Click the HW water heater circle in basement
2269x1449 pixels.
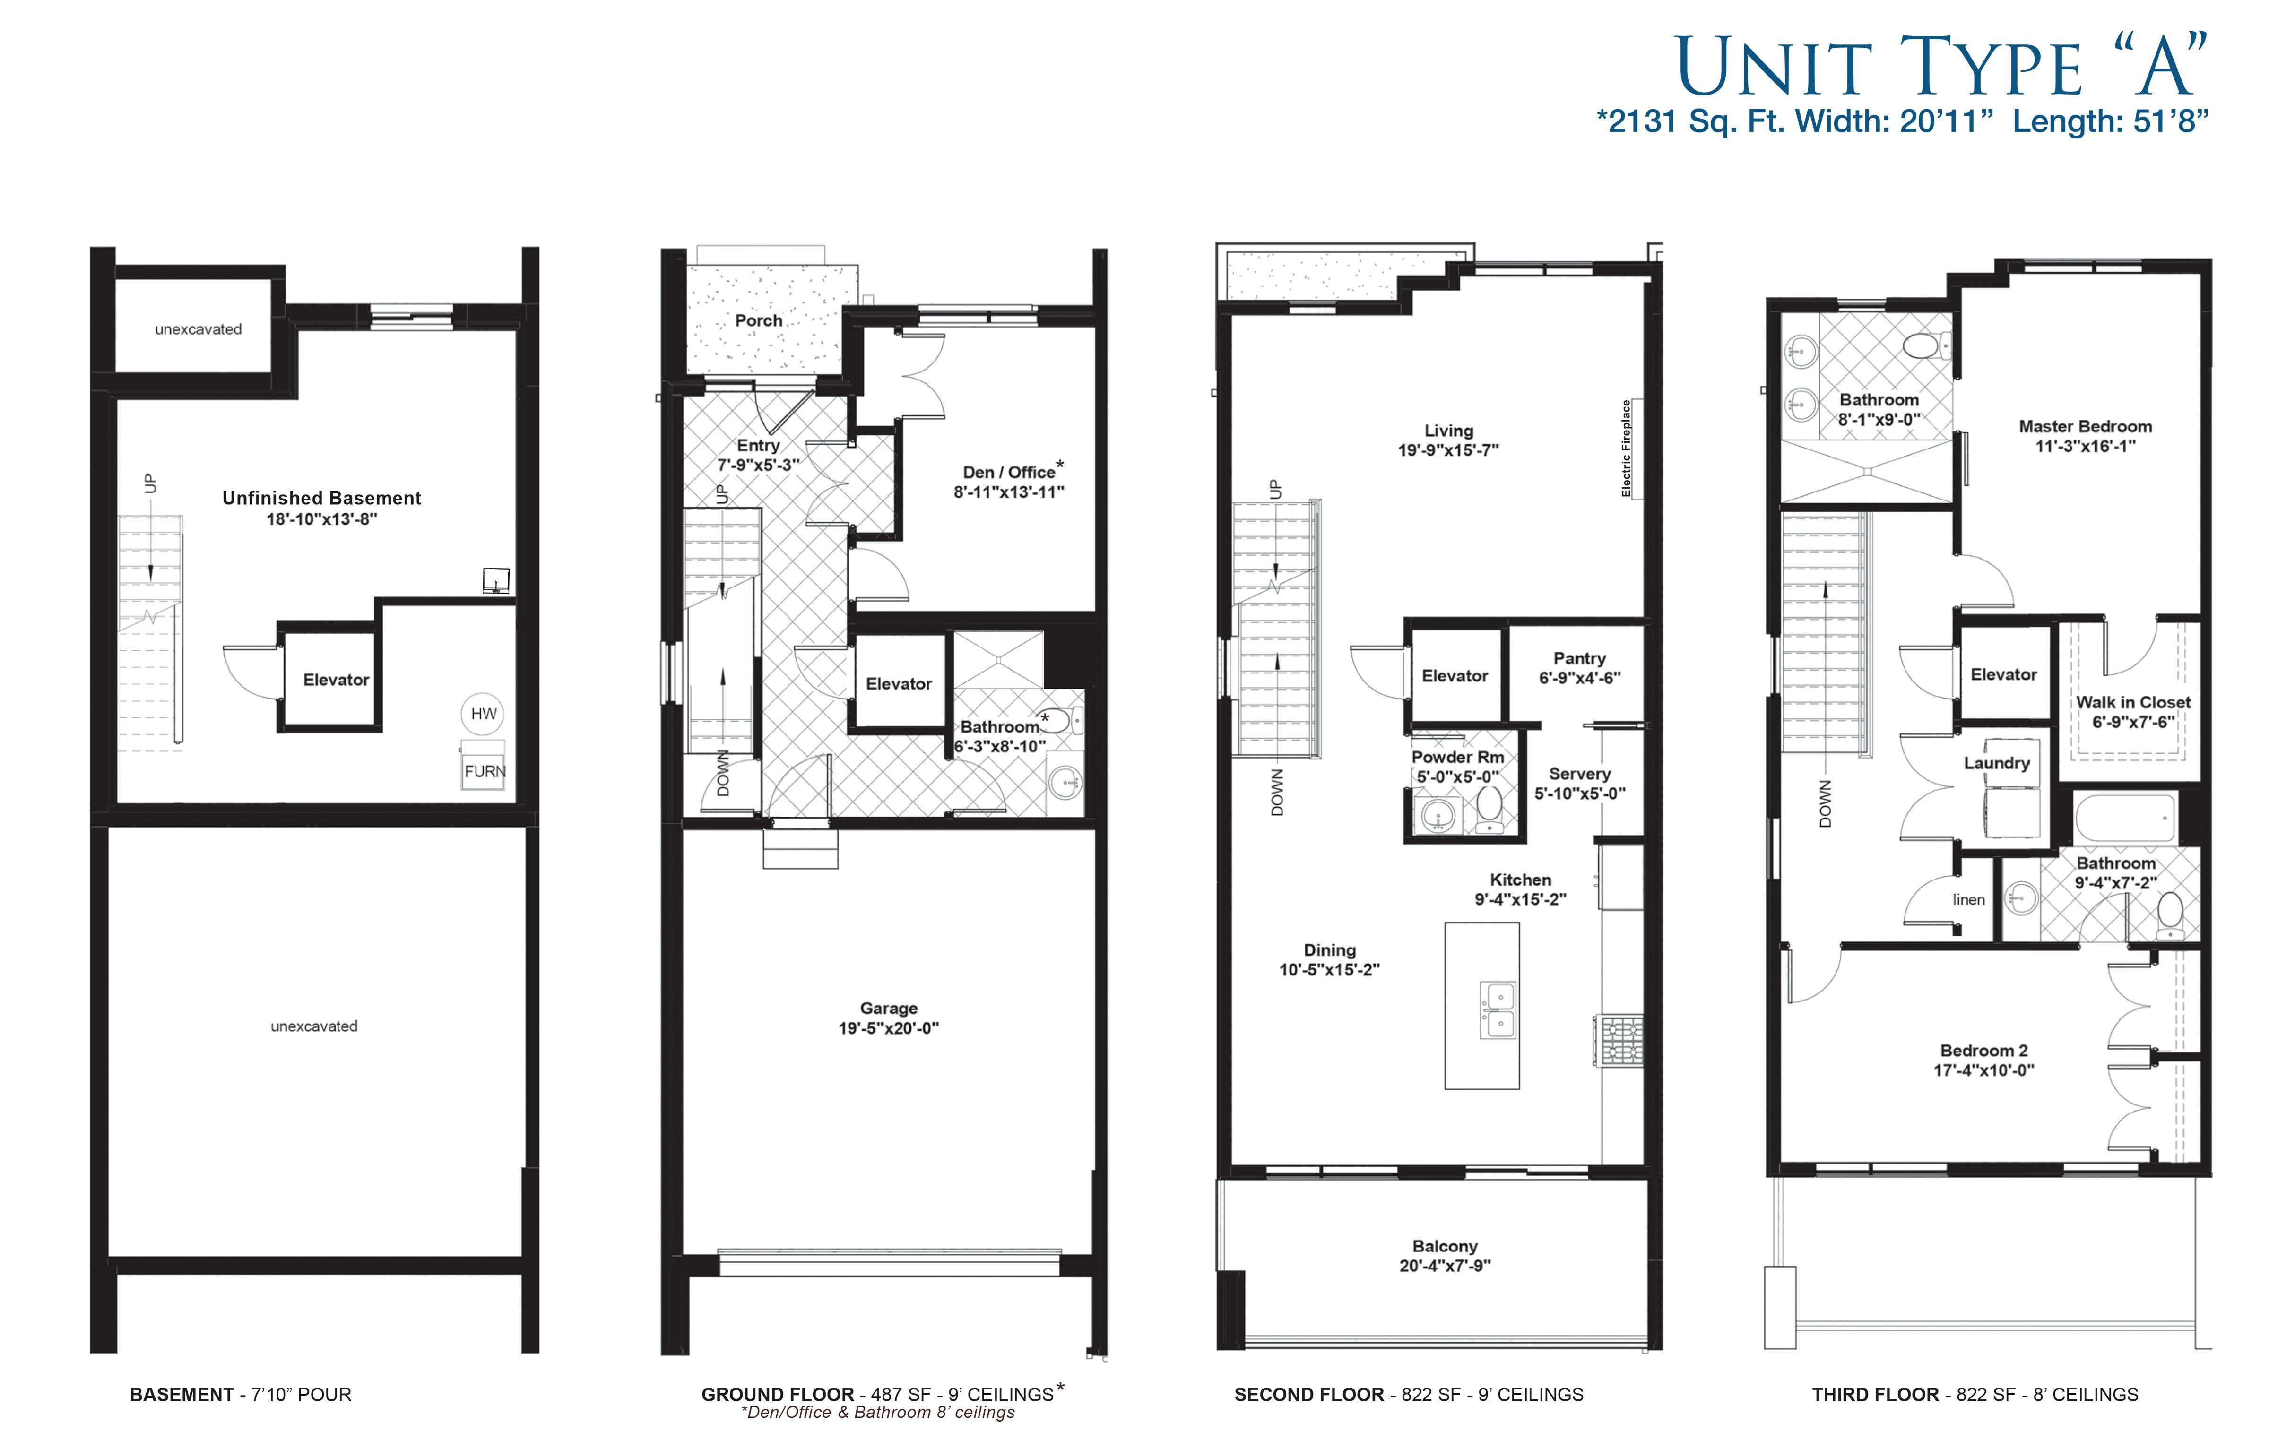[x=484, y=713]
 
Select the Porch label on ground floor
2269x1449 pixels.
[x=759, y=320]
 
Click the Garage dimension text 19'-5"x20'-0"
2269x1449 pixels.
[x=889, y=1028]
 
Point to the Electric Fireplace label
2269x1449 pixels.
[x=1626, y=448]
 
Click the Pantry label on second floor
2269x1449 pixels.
[x=1579, y=657]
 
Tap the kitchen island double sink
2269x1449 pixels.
[x=1497, y=1009]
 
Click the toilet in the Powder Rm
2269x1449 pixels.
[x=1490, y=809]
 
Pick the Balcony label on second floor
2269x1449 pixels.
[x=1445, y=1245]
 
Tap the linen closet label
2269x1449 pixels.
[x=1968, y=900]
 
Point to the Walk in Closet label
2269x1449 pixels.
[x=2133, y=702]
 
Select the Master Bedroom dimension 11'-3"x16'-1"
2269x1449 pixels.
[x=2085, y=446]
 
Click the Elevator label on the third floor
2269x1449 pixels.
[x=2003, y=674]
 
